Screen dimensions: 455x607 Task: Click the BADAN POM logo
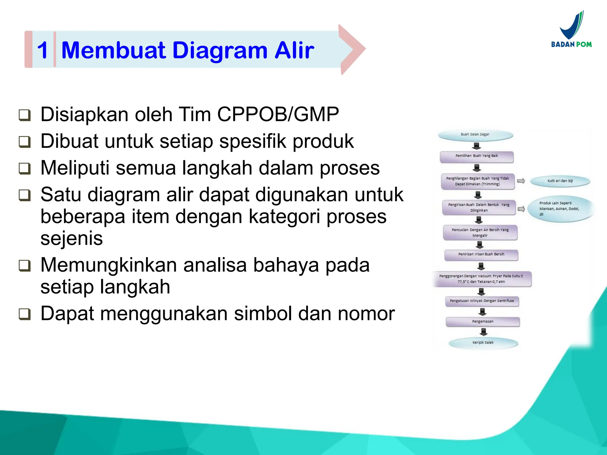(x=571, y=30)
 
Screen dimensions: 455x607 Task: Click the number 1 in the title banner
(x=43, y=50)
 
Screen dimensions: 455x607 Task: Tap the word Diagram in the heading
(x=220, y=50)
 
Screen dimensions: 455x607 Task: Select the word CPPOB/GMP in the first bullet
(x=278, y=114)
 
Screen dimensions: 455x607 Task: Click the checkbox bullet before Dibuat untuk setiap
(x=25, y=142)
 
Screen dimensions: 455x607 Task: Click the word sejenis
(x=71, y=238)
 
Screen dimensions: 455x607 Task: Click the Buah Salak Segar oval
(x=475, y=135)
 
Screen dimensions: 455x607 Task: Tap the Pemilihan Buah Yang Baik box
(x=477, y=156)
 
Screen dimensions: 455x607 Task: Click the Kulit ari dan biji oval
(x=560, y=181)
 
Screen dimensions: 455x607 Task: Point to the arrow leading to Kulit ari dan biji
(x=521, y=181)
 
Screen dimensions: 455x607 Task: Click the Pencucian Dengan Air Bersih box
(x=480, y=233)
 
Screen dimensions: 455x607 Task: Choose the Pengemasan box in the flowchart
(x=483, y=322)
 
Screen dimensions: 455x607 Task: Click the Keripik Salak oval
(x=483, y=343)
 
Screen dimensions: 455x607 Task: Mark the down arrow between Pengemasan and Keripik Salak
(x=483, y=331)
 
